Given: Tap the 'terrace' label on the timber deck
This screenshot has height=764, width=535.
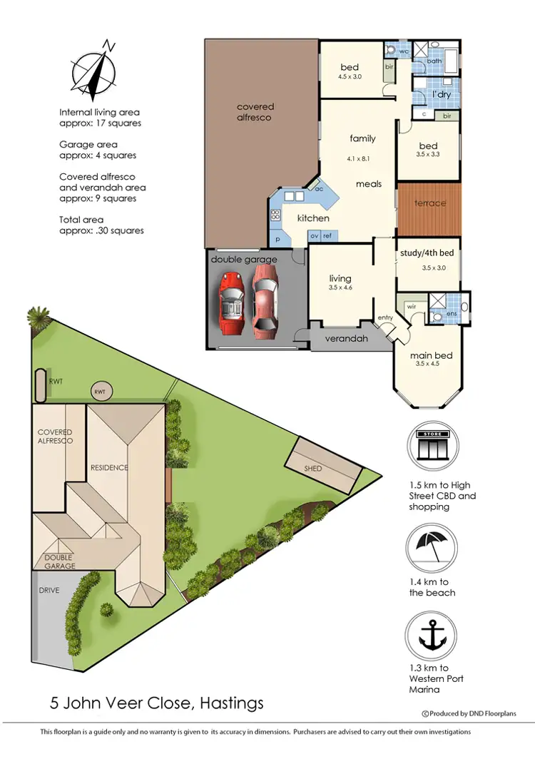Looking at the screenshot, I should tap(430, 203).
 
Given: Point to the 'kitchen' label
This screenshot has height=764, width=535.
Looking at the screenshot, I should tap(313, 218).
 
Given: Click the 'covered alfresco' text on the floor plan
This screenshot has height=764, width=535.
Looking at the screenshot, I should tap(255, 112).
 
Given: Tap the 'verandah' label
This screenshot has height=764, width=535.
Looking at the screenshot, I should tap(347, 339).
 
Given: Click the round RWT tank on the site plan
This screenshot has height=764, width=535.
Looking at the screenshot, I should tap(100, 391).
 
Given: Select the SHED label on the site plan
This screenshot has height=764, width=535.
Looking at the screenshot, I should tap(312, 469).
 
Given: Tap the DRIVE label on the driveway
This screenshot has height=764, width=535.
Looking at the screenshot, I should tap(49, 591).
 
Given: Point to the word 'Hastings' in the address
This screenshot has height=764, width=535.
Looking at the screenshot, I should tap(228, 703).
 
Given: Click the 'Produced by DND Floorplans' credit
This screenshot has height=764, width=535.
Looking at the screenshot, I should tap(469, 713).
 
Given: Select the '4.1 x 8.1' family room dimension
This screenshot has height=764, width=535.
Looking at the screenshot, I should tap(360, 158).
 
